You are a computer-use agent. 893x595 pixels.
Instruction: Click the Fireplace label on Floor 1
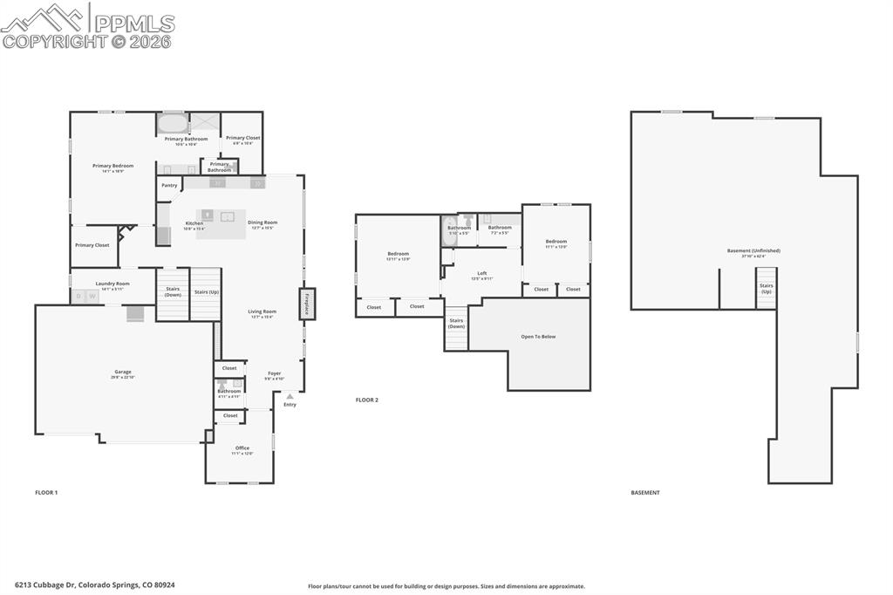[x=307, y=304]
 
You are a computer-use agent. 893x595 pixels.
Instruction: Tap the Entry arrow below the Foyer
[x=290, y=397]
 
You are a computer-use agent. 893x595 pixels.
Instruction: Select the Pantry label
[x=169, y=185]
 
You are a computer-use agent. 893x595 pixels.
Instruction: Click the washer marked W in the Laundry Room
[x=92, y=297]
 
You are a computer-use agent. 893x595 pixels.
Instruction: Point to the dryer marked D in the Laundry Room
[x=78, y=297]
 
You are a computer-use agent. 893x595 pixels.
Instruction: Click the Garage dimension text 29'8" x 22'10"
[x=123, y=377]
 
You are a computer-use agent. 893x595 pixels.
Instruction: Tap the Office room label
[x=242, y=448]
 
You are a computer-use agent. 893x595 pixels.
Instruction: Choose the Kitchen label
[x=194, y=222]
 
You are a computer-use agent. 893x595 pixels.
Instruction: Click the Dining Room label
[x=262, y=222]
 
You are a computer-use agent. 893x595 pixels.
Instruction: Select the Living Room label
[x=262, y=311]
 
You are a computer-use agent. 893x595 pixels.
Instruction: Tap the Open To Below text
[x=538, y=336]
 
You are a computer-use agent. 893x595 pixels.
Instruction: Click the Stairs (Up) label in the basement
[x=766, y=288]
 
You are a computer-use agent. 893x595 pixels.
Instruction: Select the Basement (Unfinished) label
[x=753, y=250]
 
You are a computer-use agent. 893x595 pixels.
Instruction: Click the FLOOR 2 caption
[x=366, y=400]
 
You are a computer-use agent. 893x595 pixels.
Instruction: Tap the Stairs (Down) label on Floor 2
[x=456, y=323]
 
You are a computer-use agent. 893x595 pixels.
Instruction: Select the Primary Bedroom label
[x=113, y=165]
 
